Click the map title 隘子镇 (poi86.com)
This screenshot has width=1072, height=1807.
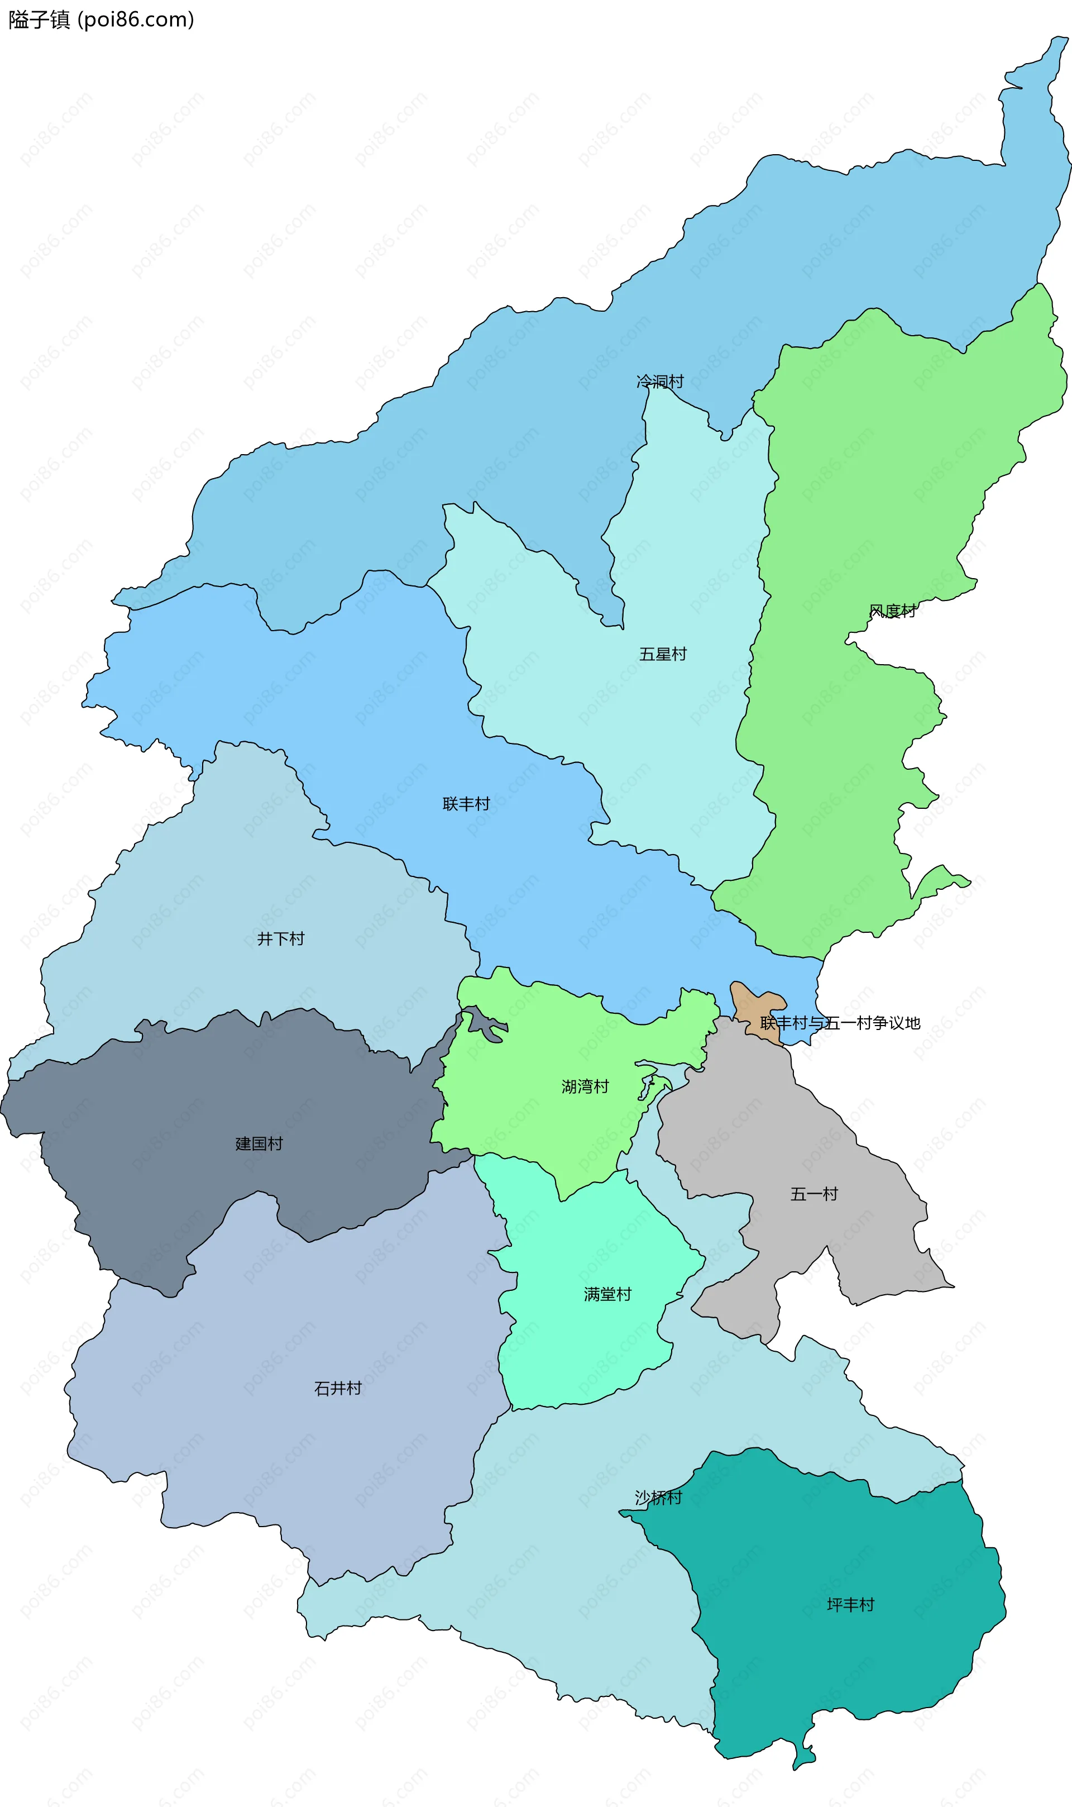pyautogui.click(x=101, y=20)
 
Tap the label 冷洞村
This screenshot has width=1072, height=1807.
pyautogui.click(x=659, y=381)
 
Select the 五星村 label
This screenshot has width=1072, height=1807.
pyautogui.click(x=662, y=654)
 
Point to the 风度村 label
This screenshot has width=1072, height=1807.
pyautogui.click(x=892, y=611)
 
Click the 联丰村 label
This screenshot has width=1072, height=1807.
pyautogui.click(x=466, y=803)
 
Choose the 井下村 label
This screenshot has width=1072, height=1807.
pyautogui.click(x=280, y=938)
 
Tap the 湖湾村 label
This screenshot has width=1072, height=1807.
pyautogui.click(x=585, y=1086)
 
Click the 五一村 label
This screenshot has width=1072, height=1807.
pyautogui.click(x=813, y=1194)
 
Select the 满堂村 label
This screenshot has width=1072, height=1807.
pyautogui.click(x=607, y=1294)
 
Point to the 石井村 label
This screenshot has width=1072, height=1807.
pyautogui.click(x=337, y=1388)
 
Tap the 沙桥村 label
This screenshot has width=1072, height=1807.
pyautogui.click(x=658, y=1498)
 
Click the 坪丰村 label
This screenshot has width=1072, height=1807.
pyautogui.click(x=850, y=1605)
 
